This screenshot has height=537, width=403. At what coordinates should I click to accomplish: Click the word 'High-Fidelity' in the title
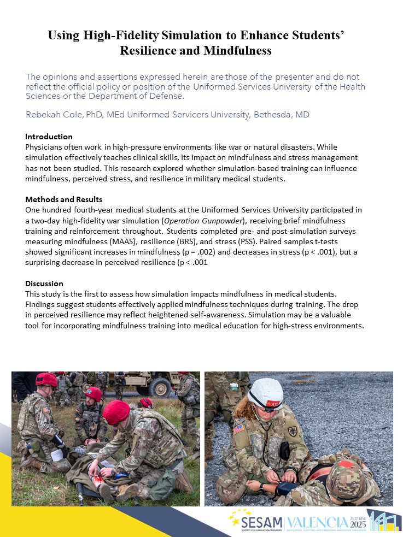click(x=129, y=36)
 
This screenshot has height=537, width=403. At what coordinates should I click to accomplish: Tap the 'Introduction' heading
click(x=49, y=137)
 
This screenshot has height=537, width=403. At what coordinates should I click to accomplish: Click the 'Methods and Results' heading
click(x=63, y=199)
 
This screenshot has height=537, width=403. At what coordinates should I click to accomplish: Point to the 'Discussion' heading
click(x=44, y=284)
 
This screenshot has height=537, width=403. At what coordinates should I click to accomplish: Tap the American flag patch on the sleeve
click(x=240, y=428)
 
